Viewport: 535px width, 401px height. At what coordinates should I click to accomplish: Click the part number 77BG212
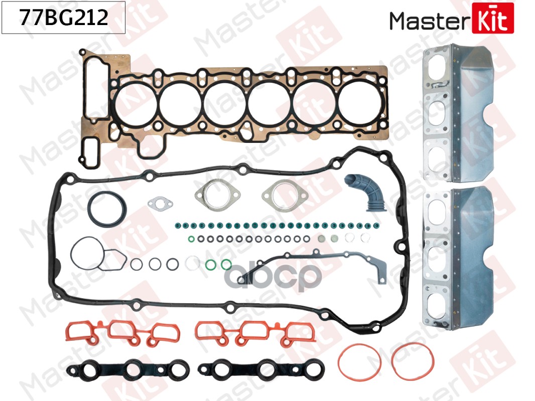64,18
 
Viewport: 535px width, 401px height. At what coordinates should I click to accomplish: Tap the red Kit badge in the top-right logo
493,18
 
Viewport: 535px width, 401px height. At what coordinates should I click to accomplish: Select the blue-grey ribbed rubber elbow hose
364,192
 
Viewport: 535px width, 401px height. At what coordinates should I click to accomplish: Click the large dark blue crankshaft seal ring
107,195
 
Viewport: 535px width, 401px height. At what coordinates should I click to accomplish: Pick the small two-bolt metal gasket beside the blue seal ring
160,204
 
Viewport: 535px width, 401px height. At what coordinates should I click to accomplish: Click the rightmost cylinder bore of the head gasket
360,103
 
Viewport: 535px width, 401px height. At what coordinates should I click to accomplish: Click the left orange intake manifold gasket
122,332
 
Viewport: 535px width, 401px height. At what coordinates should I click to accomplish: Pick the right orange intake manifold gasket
255,332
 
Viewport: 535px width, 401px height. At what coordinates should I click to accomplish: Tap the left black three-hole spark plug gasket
128,370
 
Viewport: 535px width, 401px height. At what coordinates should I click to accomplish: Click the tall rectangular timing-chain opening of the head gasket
96,89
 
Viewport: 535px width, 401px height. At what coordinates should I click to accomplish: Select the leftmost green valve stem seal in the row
178,225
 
